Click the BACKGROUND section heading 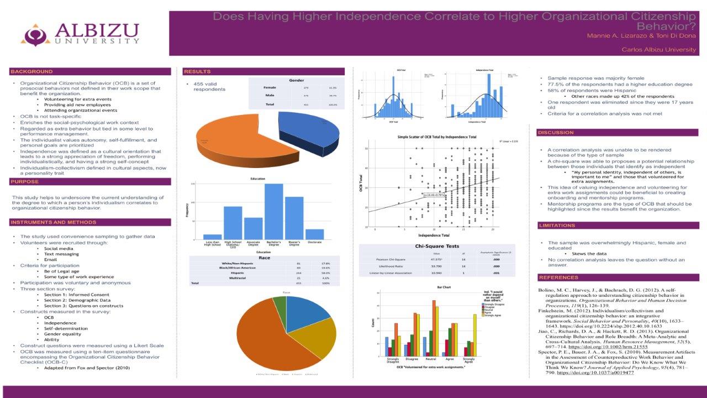tap(32, 72)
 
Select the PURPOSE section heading tap(24, 181)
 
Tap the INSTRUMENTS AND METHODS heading tap(54, 222)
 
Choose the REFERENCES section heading tap(558, 277)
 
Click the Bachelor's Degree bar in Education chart tap(274, 211)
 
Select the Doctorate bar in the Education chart tap(314, 234)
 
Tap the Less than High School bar tap(212, 237)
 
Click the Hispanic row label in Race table tap(238, 273)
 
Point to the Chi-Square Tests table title tap(437, 247)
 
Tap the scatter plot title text tap(436, 137)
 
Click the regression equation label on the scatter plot tap(434, 195)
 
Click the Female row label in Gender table tap(270, 87)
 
